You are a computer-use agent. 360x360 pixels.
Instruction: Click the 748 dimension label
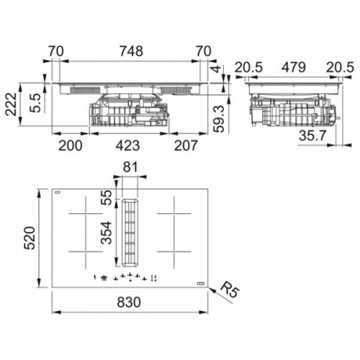point(131,51)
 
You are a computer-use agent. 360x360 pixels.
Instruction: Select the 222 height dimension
point(12,104)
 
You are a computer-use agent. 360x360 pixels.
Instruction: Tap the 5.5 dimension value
point(35,103)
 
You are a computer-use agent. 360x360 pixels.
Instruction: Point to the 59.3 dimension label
point(219,119)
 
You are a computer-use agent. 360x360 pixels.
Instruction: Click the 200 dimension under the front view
point(71,145)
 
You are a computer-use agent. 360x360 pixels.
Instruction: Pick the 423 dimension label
point(127,145)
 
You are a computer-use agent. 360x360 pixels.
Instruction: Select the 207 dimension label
point(186,145)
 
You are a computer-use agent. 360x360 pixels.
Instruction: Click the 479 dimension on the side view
point(294,68)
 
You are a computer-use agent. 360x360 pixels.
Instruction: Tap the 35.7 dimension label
point(312,135)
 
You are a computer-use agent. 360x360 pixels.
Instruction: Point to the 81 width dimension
point(130,167)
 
